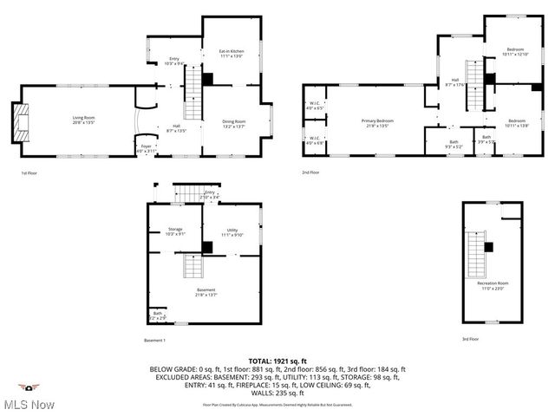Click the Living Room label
point(82,119)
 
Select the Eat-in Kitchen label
point(231,54)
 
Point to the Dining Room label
point(234,123)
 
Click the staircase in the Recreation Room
point(476,252)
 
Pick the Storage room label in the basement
point(175,231)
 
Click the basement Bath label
point(157,315)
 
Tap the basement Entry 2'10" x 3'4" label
point(209,195)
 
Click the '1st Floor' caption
point(30,173)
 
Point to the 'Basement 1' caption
point(155,341)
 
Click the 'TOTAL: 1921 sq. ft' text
point(277,361)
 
